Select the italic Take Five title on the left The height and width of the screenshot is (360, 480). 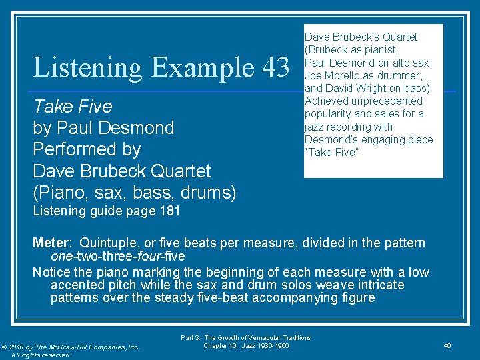(73, 107)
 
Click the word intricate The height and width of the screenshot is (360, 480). (379, 285)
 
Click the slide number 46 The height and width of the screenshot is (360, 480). (448, 346)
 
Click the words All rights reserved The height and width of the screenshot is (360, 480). (42, 355)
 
